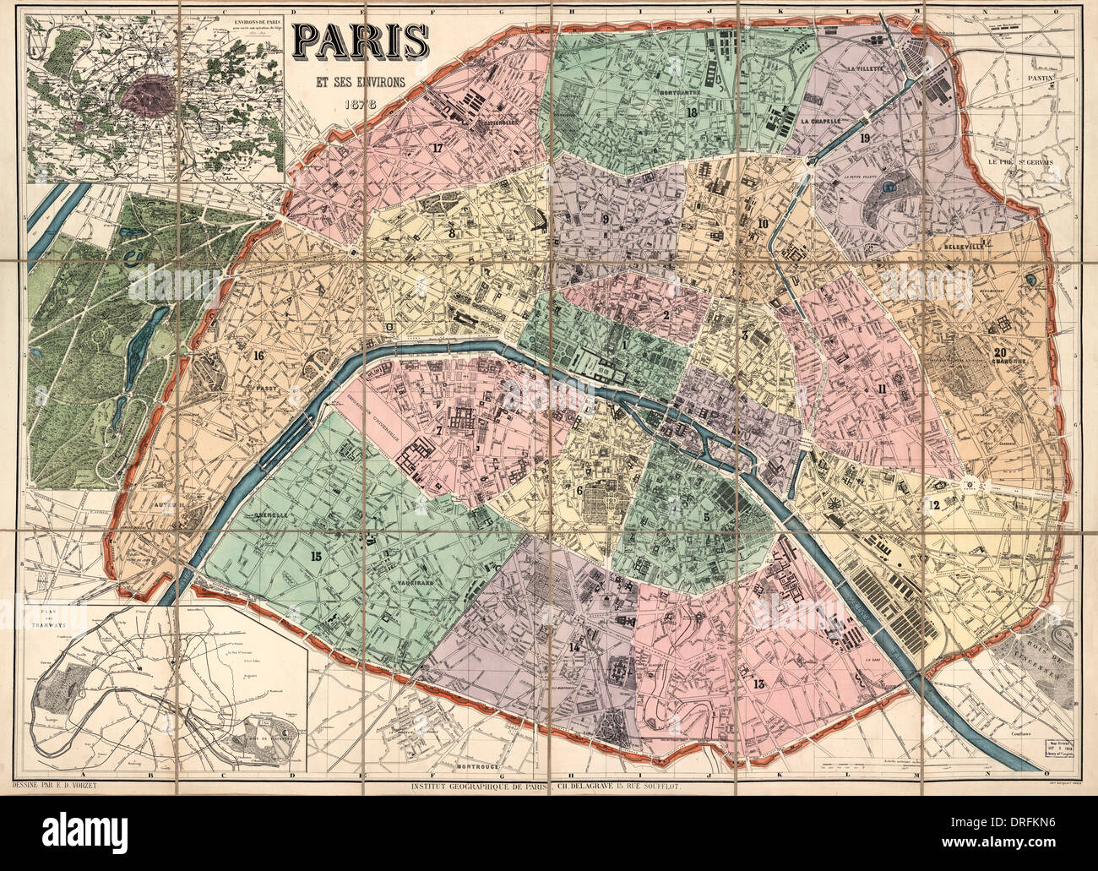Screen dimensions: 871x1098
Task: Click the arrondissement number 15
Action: click(x=316, y=555)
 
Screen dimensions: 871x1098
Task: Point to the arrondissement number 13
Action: click(x=757, y=684)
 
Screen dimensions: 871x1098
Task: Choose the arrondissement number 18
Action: click(x=692, y=113)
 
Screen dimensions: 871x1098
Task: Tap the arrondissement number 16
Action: click(x=258, y=355)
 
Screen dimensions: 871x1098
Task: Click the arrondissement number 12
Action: click(x=932, y=505)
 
